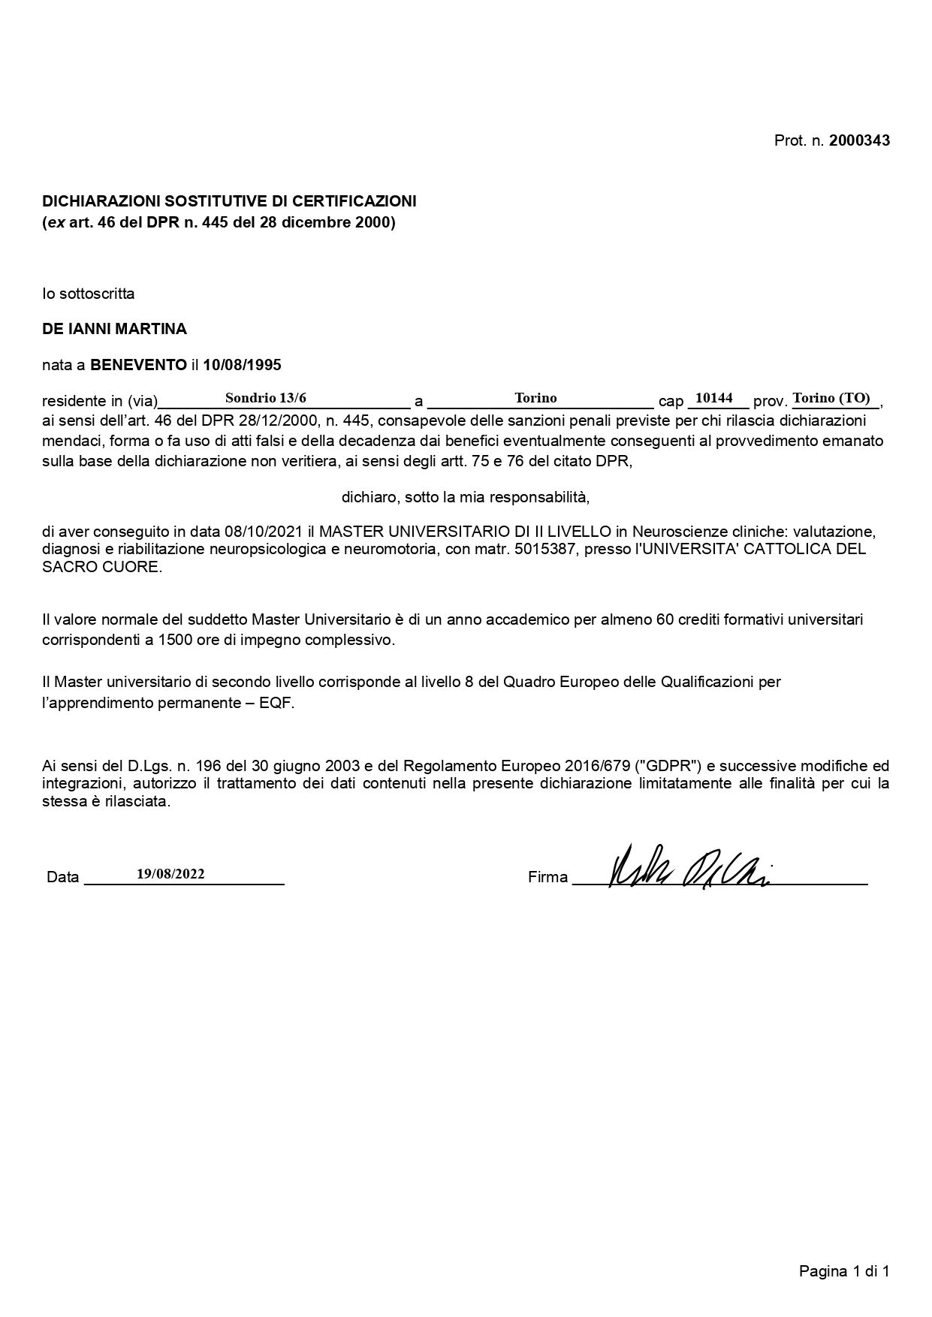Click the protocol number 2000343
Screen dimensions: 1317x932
859,140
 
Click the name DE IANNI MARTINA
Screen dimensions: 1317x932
114,329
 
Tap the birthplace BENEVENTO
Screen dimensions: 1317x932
138,365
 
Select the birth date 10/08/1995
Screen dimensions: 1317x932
242,365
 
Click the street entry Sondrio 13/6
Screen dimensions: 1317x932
266,398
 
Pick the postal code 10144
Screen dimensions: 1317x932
713,398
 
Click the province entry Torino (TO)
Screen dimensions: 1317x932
831,398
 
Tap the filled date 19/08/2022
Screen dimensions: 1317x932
170,873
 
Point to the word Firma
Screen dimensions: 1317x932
547,877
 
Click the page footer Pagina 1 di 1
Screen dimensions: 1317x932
844,1271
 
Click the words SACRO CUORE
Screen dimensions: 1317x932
101,567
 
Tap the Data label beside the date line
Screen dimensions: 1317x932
62,877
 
